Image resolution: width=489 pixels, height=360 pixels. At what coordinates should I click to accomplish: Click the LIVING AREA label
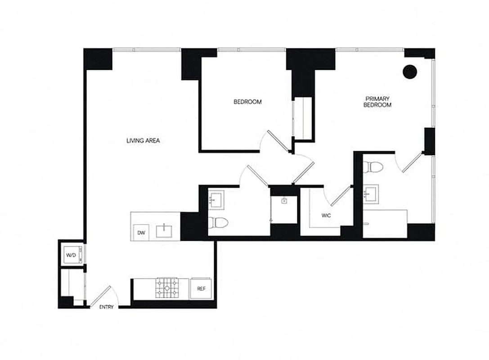(143, 141)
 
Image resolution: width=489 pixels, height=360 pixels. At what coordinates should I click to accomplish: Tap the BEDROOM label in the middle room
(247, 102)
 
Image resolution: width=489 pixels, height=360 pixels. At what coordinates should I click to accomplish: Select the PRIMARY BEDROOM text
(377, 102)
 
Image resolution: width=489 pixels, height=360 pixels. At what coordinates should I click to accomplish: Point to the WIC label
(326, 216)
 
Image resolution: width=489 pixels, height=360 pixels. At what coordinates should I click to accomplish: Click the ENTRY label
(106, 307)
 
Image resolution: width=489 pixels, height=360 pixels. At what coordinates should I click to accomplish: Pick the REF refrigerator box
(201, 288)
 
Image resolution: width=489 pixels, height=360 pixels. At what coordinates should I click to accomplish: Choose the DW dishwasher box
(141, 233)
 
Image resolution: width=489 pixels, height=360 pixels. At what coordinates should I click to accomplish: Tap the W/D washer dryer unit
(72, 255)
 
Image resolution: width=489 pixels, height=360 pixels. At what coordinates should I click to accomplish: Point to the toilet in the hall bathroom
(219, 221)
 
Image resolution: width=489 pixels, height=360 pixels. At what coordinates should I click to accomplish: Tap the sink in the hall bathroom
(216, 198)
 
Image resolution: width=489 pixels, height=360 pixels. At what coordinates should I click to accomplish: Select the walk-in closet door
(341, 197)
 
